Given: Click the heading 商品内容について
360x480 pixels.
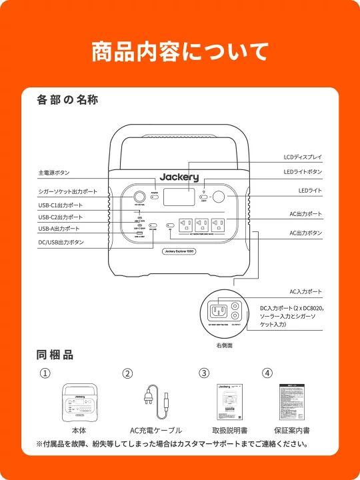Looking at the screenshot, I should (180, 51).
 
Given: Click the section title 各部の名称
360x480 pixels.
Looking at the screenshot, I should (69, 101).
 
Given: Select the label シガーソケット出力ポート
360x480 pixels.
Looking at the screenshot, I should (67, 192).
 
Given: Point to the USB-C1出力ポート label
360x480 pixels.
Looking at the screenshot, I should (61, 205).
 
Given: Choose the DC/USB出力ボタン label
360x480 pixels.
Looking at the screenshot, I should (61, 243).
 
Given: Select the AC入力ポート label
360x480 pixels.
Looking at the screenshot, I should (306, 292).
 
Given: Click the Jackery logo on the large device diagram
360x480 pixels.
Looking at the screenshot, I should (179, 177).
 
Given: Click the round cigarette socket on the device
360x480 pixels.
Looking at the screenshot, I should (141, 197).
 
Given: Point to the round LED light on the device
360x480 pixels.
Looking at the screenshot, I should (218, 197).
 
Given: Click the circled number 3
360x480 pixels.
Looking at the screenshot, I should (204, 373).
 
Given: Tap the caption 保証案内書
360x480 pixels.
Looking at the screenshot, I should (291, 431).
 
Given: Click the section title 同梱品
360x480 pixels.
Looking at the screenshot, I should (55, 355).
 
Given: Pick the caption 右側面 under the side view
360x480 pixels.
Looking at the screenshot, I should (224, 346).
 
